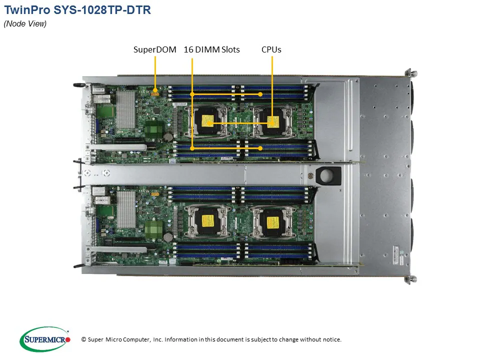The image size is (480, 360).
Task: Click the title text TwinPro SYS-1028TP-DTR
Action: tap(77, 10)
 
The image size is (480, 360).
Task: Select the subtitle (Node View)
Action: tap(25, 24)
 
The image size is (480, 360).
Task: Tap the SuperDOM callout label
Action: tap(154, 49)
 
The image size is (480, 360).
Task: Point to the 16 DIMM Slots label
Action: tap(211, 49)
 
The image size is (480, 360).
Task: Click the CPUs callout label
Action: tap(271, 49)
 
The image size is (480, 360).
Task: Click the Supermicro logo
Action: tap(45, 339)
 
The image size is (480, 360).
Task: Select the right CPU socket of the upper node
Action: tap(272, 121)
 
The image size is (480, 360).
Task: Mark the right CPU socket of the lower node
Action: tap(272, 220)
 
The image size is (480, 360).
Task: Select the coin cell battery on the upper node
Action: tap(169, 135)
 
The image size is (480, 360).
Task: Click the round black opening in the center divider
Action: tap(328, 175)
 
